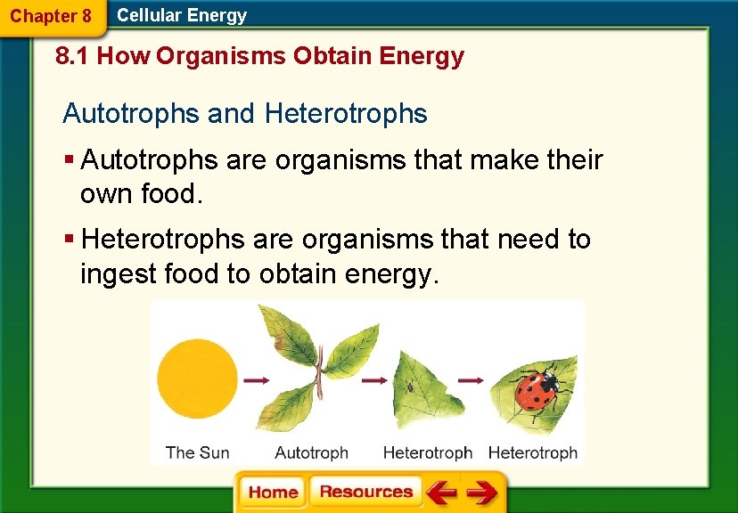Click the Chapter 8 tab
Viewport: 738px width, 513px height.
(x=51, y=16)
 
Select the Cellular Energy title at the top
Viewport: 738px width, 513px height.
(x=182, y=15)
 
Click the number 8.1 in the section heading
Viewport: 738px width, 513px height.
(x=71, y=57)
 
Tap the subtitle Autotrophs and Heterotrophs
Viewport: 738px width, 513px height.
(x=245, y=114)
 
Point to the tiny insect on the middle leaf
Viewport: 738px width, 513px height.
(x=411, y=387)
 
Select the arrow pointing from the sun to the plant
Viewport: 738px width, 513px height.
(x=257, y=380)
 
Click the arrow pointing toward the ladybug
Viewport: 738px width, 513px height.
(x=470, y=380)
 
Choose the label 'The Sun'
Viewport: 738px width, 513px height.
(x=197, y=452)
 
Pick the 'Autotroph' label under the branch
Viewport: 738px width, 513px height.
(x=311, y=452)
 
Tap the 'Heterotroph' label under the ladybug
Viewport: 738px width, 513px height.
(x=533, y=452)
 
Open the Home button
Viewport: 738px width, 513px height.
(x=272, y=493)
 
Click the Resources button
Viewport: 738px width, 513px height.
(x=365, y=493)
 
